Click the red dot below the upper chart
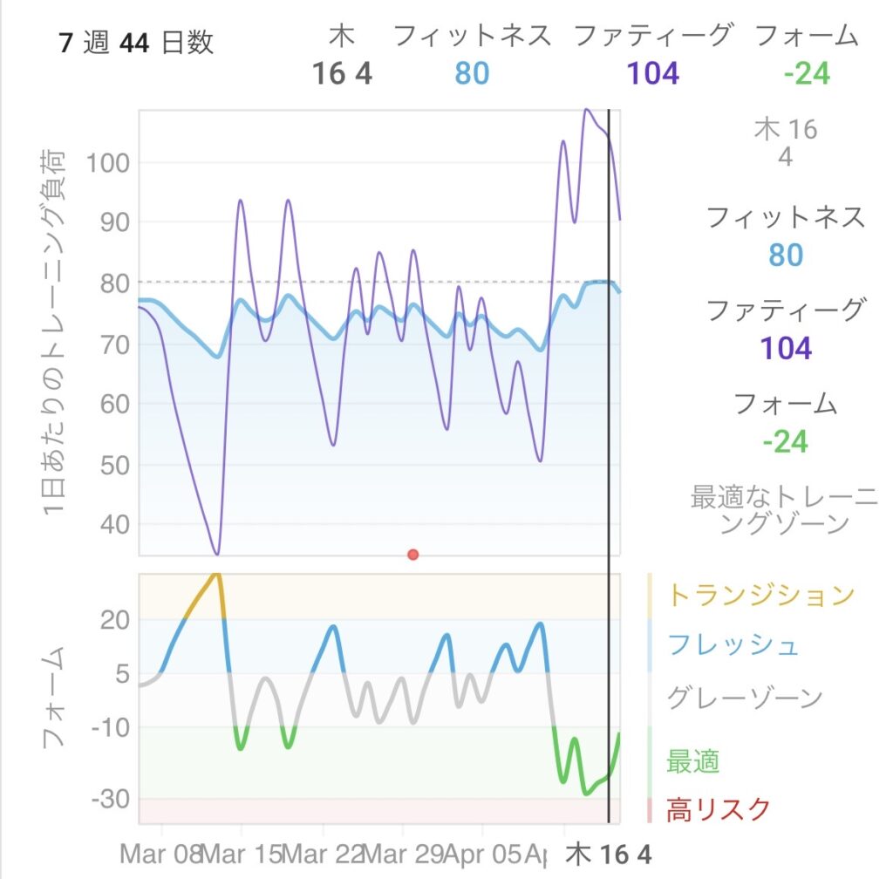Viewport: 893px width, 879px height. point(413,555)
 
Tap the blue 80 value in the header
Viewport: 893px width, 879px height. point(471,74)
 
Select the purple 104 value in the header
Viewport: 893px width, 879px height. point(653,74)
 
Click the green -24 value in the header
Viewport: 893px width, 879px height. point(806,74)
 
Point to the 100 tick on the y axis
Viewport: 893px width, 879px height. point(107,163)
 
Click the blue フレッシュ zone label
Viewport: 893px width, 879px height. point(733,646)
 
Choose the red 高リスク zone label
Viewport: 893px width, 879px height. point(719,811)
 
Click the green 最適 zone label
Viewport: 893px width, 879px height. point(692,761)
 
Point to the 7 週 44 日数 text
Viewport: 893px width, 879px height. point(136,43)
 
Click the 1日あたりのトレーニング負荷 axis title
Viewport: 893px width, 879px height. point(54,331)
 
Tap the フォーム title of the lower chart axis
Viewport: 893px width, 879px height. point(54,698)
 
